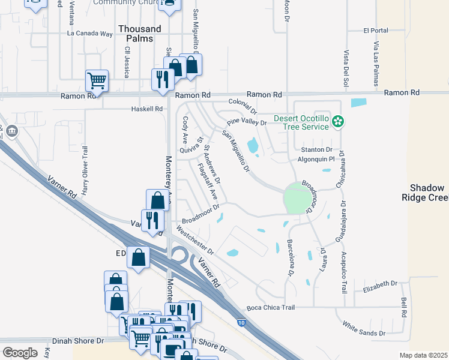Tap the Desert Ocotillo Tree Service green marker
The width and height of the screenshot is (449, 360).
(339, 122)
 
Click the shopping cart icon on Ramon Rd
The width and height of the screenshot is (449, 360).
(97, 80)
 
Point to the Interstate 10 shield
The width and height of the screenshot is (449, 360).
(241, 323)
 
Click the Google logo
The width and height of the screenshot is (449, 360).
(20, 353)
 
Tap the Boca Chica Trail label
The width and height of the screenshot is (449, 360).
(271, 308)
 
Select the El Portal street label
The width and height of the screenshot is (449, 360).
(376, 31)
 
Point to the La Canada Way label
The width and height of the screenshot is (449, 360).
(90, 34)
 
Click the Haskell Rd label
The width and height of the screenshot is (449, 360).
(147, 109)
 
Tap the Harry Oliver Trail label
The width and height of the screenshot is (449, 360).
(85, 178)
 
